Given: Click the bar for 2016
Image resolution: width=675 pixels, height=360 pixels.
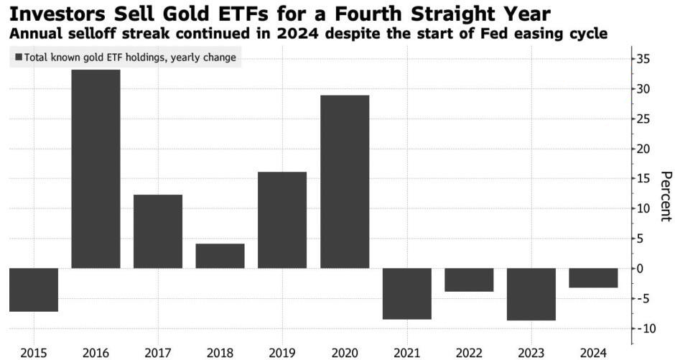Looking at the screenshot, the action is (96, 169).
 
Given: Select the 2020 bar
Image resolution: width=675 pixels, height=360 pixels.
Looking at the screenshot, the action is (345, 182).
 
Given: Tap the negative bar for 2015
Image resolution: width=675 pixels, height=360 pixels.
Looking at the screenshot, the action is (34, 290).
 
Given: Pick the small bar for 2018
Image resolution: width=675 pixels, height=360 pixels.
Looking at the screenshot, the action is (220, 257).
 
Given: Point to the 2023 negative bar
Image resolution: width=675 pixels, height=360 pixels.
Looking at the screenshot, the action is (531, 294).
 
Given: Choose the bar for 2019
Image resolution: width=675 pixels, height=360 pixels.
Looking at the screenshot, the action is (282, 220).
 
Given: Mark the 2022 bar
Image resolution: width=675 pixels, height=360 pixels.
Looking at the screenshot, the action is (469, 280).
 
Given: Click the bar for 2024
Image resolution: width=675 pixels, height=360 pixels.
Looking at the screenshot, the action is (594, 278).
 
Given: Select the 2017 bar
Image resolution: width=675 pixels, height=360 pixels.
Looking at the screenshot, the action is (158, 231).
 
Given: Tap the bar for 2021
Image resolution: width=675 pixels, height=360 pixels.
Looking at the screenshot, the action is (407, 294).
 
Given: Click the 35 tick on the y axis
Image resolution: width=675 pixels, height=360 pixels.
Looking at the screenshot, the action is (643, 60).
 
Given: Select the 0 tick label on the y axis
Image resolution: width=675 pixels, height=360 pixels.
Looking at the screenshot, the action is (641, 268).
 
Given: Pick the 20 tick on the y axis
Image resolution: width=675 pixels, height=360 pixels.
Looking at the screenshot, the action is (643, 149).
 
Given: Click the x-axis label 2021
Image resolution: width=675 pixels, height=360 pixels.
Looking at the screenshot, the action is (407, 353).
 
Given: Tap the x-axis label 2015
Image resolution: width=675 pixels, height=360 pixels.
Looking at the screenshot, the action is (34, 353).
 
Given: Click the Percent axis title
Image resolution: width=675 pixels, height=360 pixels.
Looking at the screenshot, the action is (666, 196).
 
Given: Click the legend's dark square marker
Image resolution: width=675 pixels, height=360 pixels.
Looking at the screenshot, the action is (19, 57).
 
